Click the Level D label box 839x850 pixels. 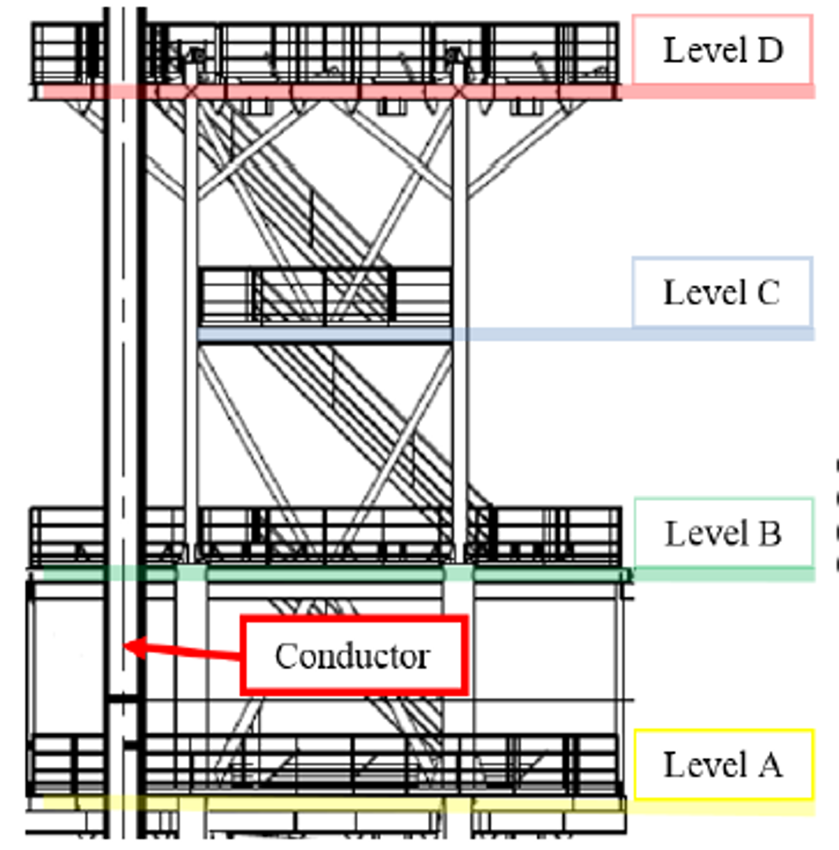(722, 50)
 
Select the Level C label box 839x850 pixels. (722, 292)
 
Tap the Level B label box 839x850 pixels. (724, 533)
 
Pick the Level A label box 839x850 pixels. (724, 764)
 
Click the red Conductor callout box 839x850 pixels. (353, 655)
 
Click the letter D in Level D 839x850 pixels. (768, 50)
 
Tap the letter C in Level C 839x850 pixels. (768, 293)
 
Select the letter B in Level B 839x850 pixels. (768, 534)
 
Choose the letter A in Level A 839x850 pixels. (768, 764)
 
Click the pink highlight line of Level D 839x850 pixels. (419, 92)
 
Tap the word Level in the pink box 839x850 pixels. (695, 50)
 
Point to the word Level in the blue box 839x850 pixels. (695, 293)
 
